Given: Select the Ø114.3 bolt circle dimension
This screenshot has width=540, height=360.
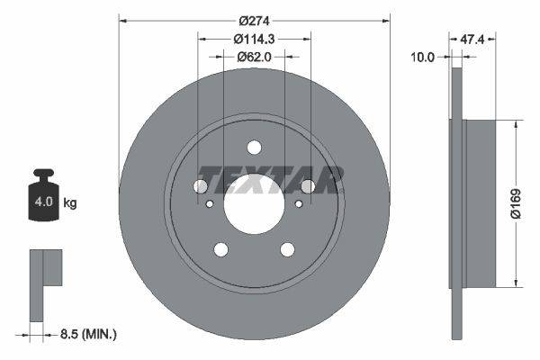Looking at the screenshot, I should (x=254, y=39).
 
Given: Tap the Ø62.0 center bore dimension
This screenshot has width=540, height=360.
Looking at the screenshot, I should (x=254, y=57).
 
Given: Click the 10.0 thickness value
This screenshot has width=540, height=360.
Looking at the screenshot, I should (x=422, y=56).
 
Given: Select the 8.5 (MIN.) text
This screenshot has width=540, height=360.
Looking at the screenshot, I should (x=86, y=334).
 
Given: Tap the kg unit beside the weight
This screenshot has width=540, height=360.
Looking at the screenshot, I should (x=70, y=203).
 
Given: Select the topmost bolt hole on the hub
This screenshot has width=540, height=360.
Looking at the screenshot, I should (x=254, y=148).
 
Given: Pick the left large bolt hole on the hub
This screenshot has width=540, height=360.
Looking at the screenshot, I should (x=200, y=186).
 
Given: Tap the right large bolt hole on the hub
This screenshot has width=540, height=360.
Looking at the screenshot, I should (x=308, y=186).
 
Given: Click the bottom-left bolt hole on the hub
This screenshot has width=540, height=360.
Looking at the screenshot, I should (x=220, y=249).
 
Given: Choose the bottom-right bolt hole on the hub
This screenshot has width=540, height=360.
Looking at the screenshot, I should (x=287, y=249).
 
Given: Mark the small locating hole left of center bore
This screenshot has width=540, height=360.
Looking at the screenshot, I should (x=210, y=204).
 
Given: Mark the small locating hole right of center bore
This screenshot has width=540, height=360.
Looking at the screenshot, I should (x=298, y=204).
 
